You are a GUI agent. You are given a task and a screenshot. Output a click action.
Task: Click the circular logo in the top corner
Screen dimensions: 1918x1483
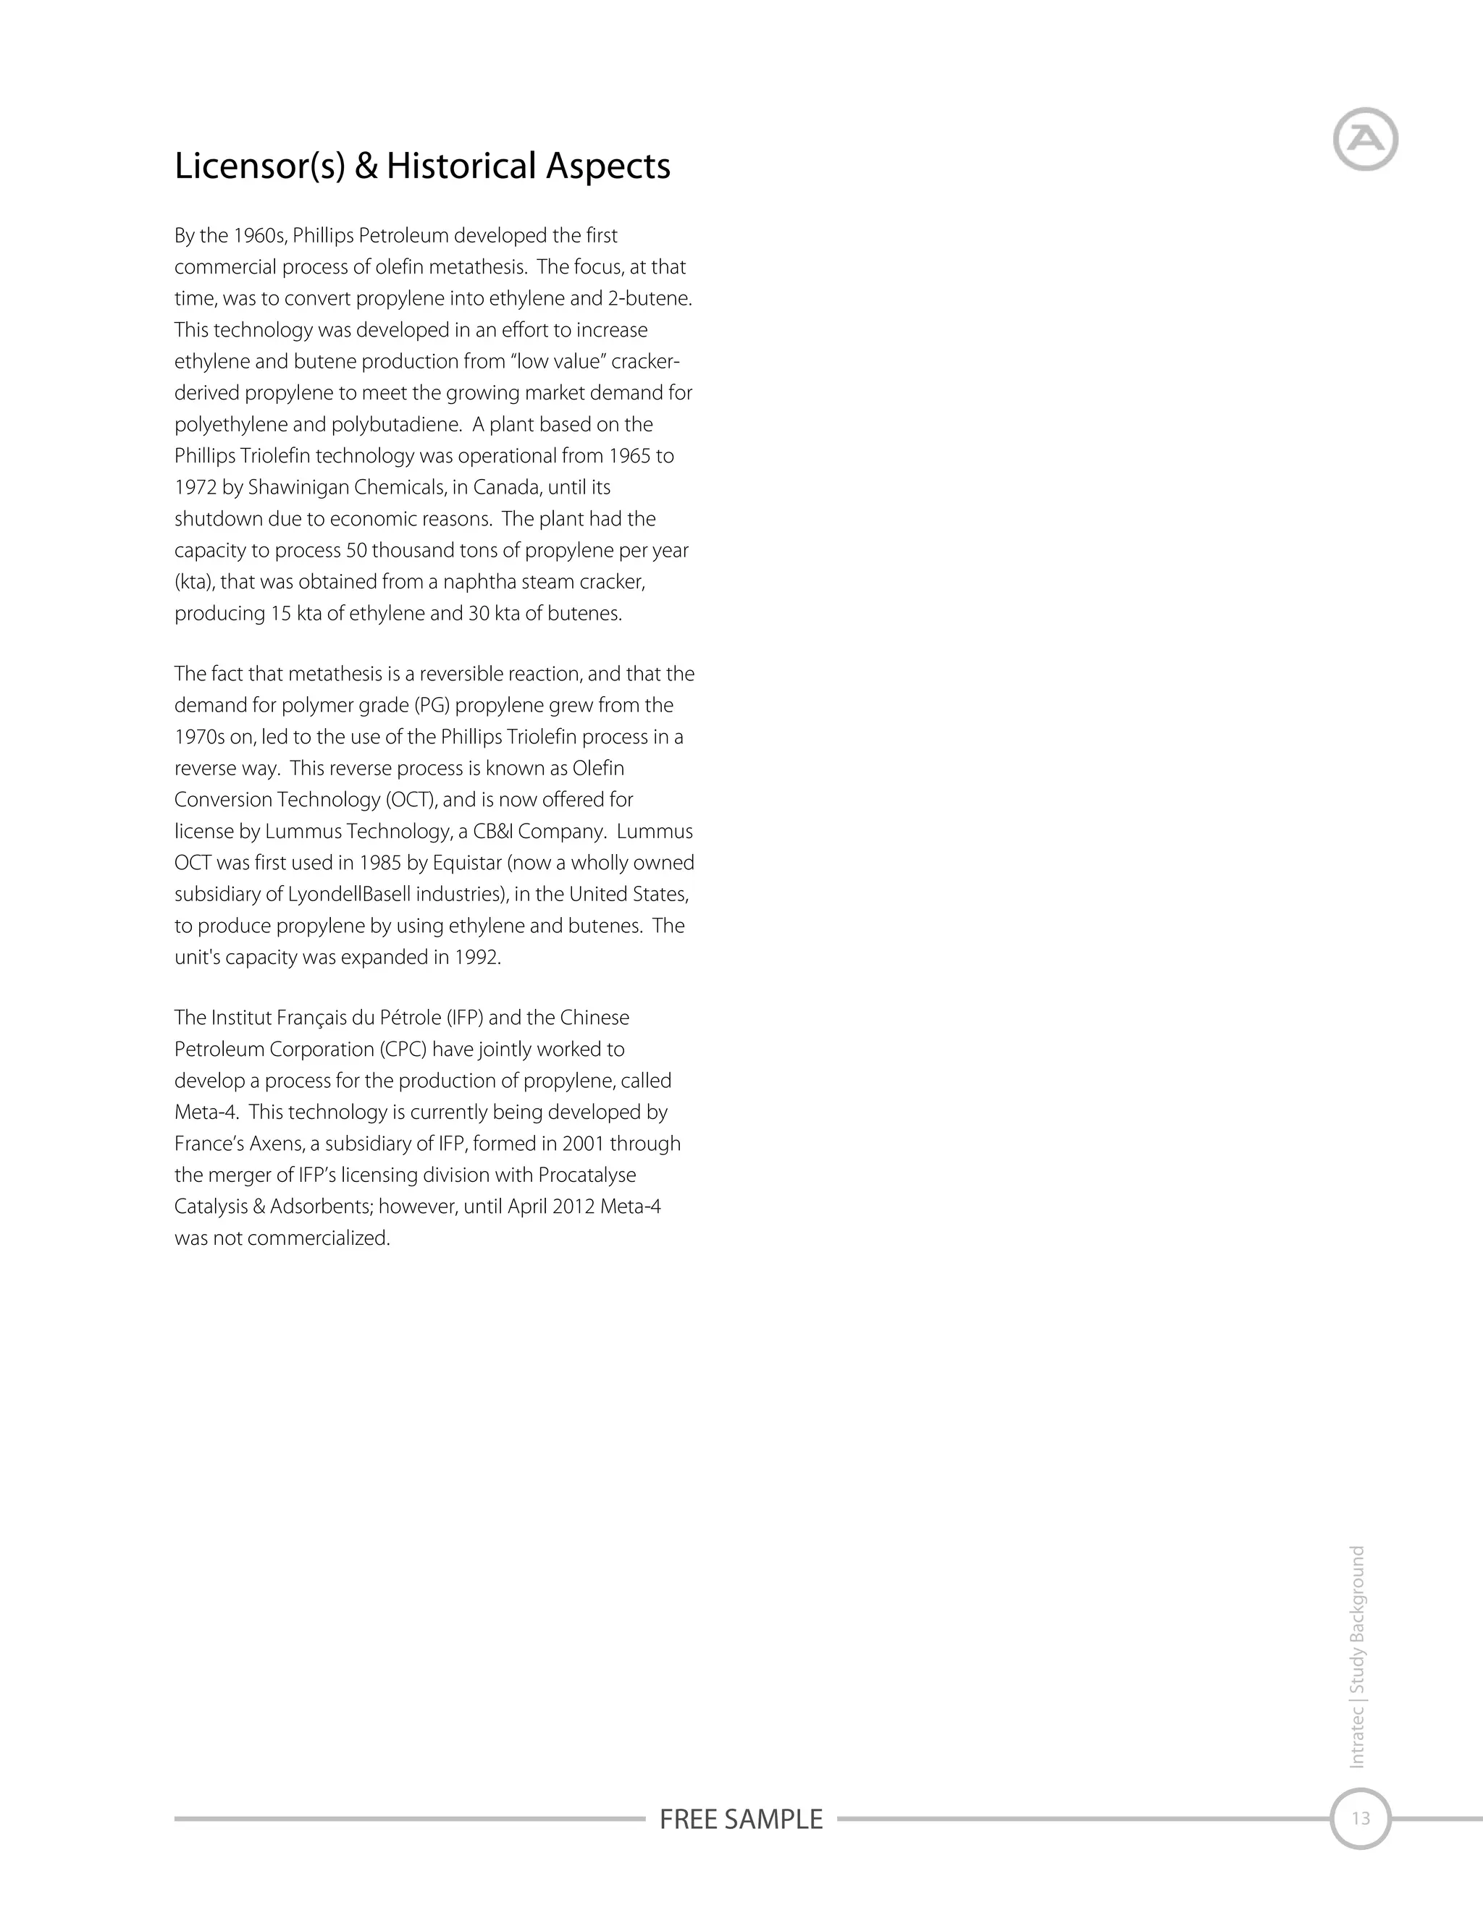tap(1365, 139)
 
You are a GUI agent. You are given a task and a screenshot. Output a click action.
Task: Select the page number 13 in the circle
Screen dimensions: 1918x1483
tap(1360, 1818)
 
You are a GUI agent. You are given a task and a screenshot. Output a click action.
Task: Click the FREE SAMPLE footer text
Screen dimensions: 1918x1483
tap(741, 1819)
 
